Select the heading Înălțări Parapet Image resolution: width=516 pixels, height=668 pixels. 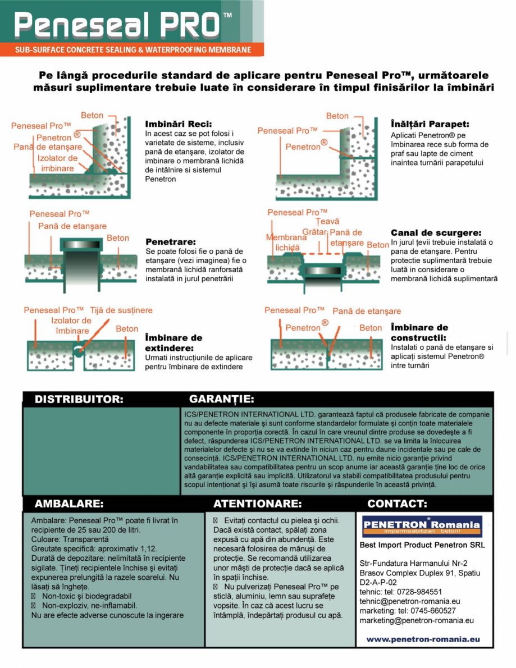click(430, 123)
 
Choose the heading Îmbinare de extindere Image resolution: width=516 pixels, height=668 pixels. click(173, 342)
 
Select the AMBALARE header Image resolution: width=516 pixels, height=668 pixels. click(69, 504)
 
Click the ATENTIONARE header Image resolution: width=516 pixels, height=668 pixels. click(257, 504)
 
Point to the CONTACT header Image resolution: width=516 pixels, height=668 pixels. click(397, 504)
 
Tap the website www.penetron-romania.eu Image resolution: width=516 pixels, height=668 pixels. click(423, 639)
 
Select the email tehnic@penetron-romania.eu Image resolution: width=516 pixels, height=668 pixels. click(409, 601)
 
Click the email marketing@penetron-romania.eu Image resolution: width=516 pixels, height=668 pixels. click(416, 620)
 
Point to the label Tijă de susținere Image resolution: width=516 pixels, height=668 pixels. click(121, 310)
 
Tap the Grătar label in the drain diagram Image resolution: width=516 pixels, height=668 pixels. click(314, 232)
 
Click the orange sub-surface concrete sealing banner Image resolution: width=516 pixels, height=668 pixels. click(133, 50)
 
